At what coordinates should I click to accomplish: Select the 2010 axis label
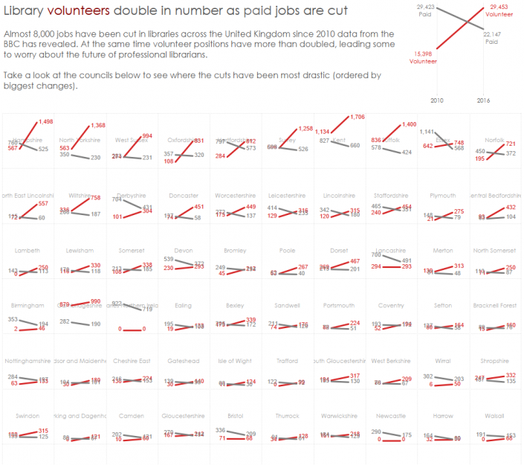pyautogui.click(x=437, y=100)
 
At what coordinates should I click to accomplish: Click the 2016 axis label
pyautogui.click(x=483, y=100)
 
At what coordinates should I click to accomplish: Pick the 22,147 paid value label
pyautogui.click(x=491, y=35)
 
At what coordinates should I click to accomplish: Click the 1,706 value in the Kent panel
pyautogui.click(x=358, y=117)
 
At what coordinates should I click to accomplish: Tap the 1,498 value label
pyautogui.click(x=45, y=121)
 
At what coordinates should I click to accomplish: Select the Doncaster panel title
pyautogui.click(x=184, y=196)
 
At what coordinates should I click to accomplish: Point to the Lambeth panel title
pyautogui.click(x=26, y=251)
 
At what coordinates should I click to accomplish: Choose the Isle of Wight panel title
pyautogui.click(x=235, y=361)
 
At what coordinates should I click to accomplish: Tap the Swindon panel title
pyautogui.click(x=26, y=416)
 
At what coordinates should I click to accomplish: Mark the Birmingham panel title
pyautogui.click(x=28, y=306)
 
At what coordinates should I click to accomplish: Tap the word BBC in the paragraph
pyautogui.click(x=13, y=45)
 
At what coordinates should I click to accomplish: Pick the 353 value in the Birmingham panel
pyautogui.click(x=13, y=319)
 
